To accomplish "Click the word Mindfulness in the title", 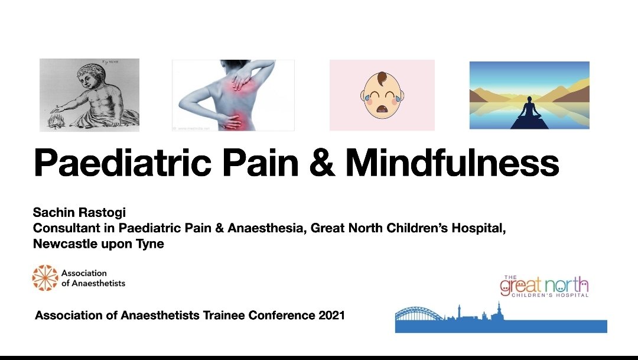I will [452, 163].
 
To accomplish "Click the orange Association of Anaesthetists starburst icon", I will [45, 278].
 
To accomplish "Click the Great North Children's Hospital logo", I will [544, 286].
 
